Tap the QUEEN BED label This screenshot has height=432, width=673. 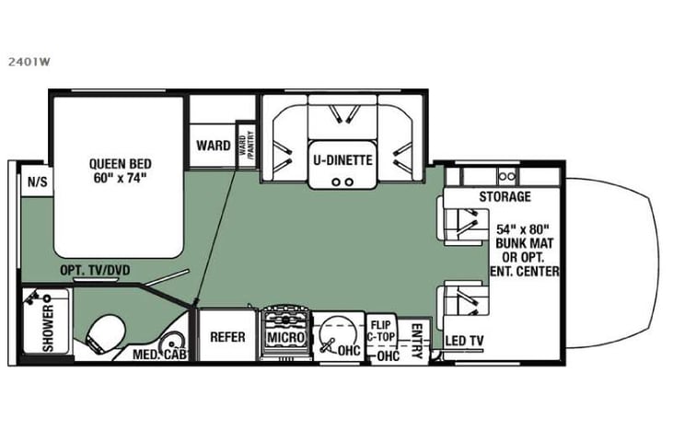[119, 169]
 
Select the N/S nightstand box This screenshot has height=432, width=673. [38, 181]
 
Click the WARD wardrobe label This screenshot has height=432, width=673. [213, 146]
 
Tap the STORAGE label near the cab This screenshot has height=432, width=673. [504, 197]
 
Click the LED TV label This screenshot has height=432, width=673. [466, 339]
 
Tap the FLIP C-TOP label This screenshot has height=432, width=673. [382, 331]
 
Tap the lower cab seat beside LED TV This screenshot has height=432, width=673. [464, 304]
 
